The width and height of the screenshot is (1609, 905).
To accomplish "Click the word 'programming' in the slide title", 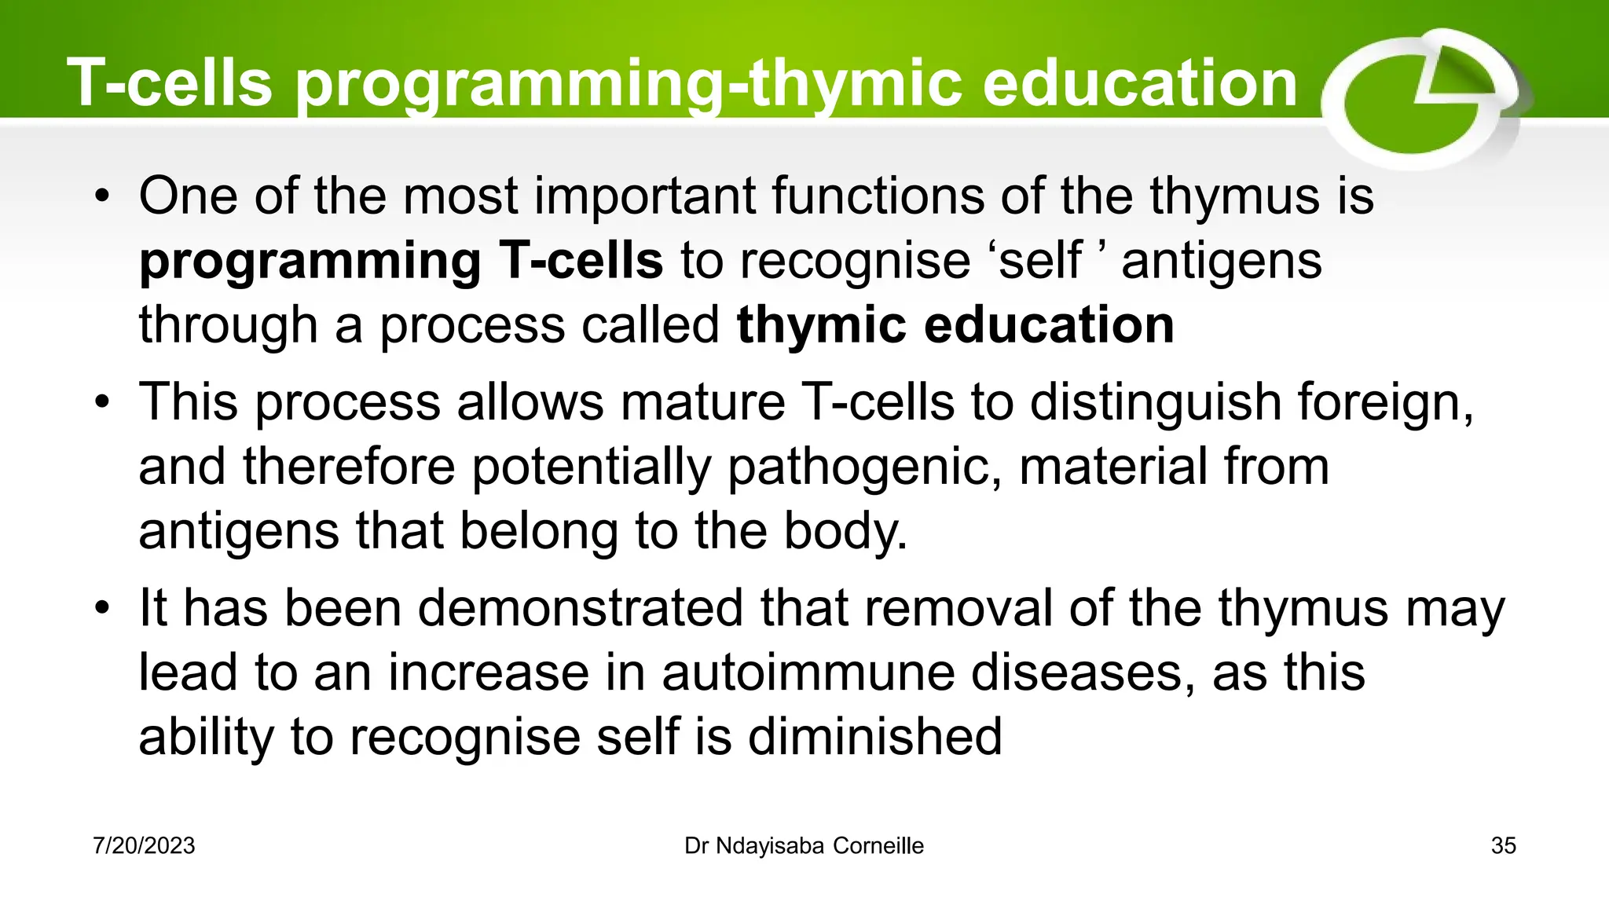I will click(507, 85).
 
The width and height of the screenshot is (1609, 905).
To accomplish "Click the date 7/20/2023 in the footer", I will click(144, 846).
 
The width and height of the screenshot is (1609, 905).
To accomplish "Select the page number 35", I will click(1503, 846).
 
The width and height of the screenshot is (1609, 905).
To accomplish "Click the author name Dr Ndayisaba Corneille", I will click(804, 846).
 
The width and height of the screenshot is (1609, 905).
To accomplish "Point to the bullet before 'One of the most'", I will click(101, 197).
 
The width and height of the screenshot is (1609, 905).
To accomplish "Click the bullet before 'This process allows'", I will click(101, 403).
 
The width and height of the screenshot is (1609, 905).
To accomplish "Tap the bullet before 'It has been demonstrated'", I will click(101, 610).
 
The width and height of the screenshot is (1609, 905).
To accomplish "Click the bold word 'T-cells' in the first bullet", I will click(581, 261).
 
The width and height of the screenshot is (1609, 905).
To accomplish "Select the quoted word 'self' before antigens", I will click(1039, 261).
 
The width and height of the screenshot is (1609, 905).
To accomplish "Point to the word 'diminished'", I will click(874, 738).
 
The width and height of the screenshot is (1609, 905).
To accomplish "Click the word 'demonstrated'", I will click(580, 610).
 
